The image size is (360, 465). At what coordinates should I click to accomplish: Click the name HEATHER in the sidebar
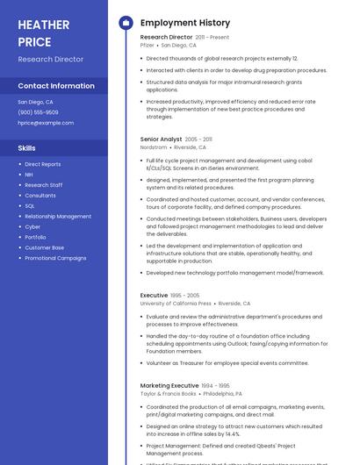(x=43, y=25)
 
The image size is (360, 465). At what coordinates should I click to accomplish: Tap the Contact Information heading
(x=56, y=86)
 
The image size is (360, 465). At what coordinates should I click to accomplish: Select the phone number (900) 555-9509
(x=38, y=112)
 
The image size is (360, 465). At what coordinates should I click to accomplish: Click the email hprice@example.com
(x=46, y=123)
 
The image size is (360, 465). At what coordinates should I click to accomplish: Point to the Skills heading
(x=27, y=148)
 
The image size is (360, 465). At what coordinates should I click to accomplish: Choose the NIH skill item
(x=29, y=175)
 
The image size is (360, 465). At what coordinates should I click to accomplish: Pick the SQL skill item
(x=30, y=206)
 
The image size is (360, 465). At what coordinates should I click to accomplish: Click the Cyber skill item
(x=32, y=226)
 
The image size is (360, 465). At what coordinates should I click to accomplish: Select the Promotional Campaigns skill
(x=55, y=258)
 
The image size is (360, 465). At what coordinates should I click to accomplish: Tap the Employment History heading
(x=185, y=23)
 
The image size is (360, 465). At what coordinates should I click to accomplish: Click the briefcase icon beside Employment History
(x=126, y=23)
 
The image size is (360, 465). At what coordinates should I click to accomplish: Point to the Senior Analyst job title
(x=161, y=139)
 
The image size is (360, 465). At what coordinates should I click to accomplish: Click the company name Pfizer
(x=148, y=45)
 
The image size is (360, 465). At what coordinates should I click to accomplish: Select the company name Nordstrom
(x=154, y=147)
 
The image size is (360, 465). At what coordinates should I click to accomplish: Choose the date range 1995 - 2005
(x=185, y=296)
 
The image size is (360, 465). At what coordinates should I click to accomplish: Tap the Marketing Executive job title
(x=169, y=385)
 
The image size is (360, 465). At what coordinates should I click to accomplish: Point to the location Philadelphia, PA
(x=222, y=394)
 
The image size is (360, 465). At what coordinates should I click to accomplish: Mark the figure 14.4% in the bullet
(x=232, y=433)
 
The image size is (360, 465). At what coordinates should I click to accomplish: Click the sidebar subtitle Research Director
(x=51, y=60)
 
